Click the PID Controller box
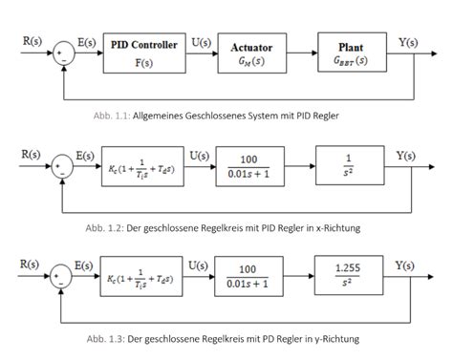143,53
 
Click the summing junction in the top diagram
62,53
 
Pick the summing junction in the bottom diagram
62,272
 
